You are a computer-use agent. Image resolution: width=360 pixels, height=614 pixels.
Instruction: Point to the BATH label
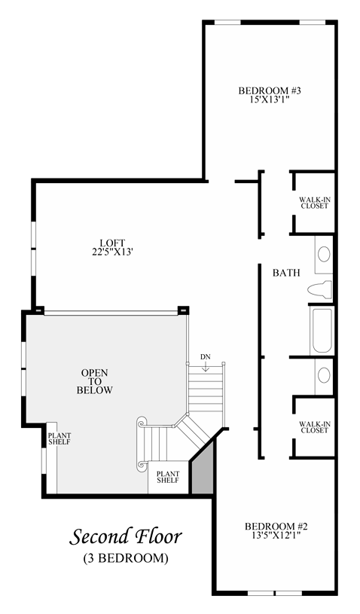coord(286,273)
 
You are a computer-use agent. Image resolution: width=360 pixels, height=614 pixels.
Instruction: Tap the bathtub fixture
coord(322,331)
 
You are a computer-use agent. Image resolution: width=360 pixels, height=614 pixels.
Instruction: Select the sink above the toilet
coord(324,255)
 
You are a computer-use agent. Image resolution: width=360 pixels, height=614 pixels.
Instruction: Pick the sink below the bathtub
coord(324,374)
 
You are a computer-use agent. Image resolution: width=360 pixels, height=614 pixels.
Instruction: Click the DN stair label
coord(206,357)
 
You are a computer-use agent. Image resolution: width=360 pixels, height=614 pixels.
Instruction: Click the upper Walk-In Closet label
coord(315,203)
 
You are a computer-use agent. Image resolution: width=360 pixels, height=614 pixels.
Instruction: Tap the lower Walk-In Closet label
coord(315,427)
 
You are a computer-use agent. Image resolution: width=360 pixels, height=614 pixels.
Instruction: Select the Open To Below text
coord(95,381)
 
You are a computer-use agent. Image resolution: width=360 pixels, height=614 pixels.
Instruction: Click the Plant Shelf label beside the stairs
coord(168,477)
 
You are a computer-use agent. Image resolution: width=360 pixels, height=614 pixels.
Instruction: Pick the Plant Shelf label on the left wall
coord(59,439)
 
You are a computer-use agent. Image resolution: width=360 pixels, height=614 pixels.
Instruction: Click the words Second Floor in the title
coord(126,537)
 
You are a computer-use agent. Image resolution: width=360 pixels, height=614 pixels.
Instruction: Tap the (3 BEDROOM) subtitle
coord(126,558)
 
